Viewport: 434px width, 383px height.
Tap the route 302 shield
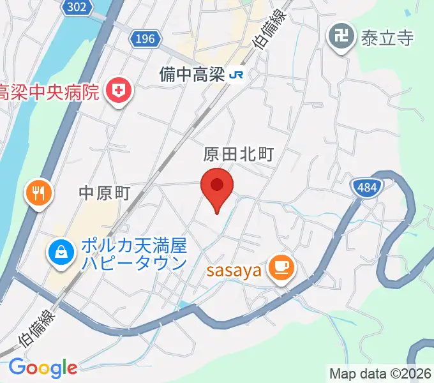point(77,7)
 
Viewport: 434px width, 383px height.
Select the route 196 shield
point(146,40)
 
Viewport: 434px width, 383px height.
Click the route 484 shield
point(368,187)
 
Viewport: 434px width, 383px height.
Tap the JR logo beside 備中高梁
point(237,75)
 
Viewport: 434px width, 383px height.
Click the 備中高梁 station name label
point(193,75)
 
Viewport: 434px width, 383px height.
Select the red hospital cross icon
point(117,91)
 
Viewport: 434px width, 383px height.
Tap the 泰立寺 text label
point(387,38)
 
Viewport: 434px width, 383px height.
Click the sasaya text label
point(234,271)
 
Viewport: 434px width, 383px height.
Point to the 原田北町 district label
point(239,154)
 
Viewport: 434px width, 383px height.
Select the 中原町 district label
point(105,193)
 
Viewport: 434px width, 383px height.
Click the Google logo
point(42,368)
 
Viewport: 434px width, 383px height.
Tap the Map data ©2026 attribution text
point(380,373)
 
